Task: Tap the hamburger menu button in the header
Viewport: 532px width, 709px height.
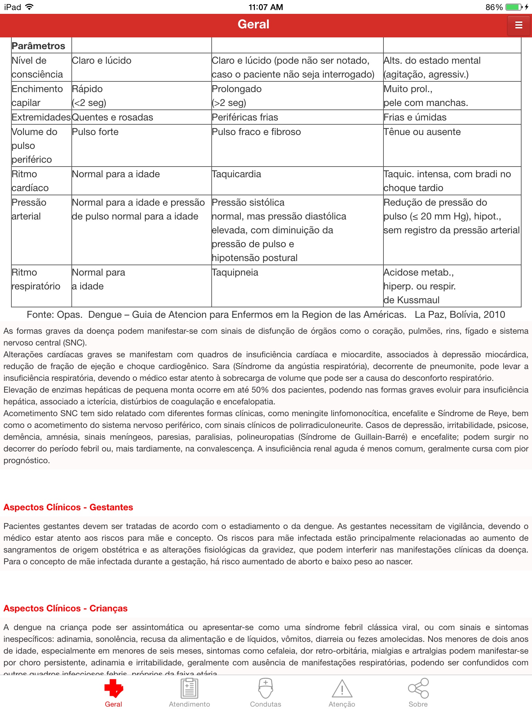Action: point(518,25)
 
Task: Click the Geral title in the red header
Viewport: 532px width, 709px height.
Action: point(254,24)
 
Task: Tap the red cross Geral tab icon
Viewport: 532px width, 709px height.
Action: point(114,688)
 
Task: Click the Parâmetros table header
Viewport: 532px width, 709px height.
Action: point(38,46)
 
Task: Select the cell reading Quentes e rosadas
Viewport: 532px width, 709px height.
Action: point(113,117)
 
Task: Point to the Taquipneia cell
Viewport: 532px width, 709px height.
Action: point(235,272)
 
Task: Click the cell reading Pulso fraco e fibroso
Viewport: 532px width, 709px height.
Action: point(256,132)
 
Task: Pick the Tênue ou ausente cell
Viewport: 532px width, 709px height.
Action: point(422,132)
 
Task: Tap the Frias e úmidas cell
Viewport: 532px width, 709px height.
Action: point(415,117)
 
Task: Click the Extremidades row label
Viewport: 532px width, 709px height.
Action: point(41,117)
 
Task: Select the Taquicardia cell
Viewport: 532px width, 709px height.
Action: point(237,174)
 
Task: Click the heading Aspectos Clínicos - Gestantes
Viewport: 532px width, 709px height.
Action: point(68,507)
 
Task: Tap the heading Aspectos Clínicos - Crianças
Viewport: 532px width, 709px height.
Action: point(65,608)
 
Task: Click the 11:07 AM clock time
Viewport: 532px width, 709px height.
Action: point(266,7)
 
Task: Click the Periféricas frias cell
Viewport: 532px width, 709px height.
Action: point(245,117)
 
